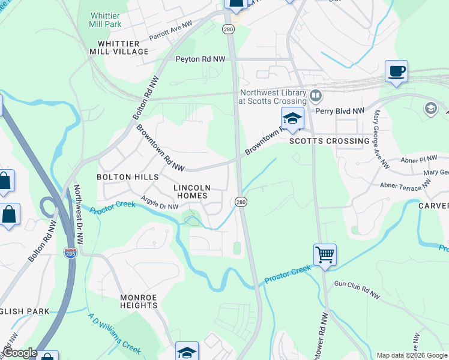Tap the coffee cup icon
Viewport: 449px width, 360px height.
coord(396,72)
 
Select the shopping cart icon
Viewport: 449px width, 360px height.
coord(325,254)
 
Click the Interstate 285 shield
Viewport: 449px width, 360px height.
coord(71,253)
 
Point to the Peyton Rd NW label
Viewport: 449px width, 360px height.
coord(200,59)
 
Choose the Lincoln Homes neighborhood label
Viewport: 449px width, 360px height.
coord(190,191)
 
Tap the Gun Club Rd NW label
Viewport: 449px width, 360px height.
coord(357,291)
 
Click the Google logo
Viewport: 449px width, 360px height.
coord(19,353)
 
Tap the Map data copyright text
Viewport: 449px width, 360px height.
coord(411,355)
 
